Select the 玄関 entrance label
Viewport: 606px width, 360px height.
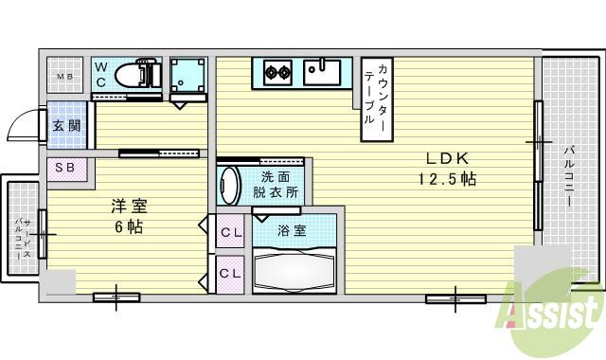pos(65,125)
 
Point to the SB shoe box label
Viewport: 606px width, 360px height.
pos(64,168)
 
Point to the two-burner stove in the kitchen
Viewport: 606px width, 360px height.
pos(276,71)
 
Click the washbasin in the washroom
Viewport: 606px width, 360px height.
pos(230,182)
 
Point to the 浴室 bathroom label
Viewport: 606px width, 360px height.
pos(291,228)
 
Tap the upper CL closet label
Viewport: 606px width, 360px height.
pos(230,231)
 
